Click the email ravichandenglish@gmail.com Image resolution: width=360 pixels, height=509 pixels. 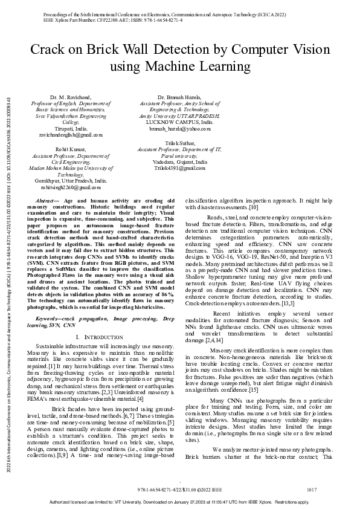point(70,137)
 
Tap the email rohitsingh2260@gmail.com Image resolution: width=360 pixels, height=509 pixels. point(70,187)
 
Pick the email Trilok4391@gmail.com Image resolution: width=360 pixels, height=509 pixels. point(179,169)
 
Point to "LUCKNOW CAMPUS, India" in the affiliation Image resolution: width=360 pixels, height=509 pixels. point(178,122)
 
